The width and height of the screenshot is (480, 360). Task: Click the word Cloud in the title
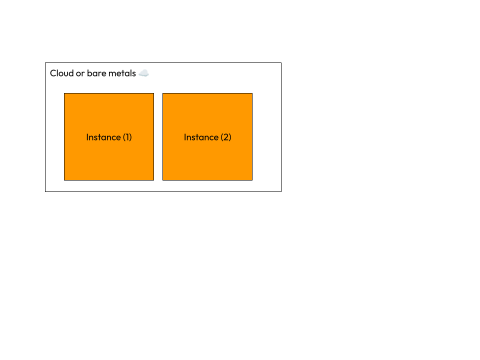pos(61,73)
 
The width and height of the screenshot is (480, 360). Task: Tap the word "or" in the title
pos(80,73)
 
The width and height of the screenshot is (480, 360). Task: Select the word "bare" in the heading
pos(96,73)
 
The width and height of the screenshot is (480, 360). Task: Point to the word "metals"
pos(122,73)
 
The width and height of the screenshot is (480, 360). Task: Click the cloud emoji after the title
pos(144,73)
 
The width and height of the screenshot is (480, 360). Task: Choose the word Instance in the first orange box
pos(103,137)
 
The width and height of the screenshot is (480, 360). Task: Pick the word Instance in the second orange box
pos(201,137)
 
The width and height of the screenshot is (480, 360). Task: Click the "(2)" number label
pos(226,137)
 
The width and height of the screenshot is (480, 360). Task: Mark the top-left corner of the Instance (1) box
pos(64,93)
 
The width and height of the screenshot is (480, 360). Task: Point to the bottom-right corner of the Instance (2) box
pos(252,180)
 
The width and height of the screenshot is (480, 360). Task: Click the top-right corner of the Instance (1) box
pos(153,93)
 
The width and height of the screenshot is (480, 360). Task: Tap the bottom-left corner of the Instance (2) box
pos(163,180)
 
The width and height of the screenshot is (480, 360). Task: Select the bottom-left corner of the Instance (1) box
pos(64,180)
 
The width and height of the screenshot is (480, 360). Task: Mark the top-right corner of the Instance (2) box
pos(252,93)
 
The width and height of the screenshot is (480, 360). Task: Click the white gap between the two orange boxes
pos(158,136)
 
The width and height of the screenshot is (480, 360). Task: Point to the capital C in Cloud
pos(53,73)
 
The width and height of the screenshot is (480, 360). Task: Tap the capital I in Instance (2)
pos(185,137)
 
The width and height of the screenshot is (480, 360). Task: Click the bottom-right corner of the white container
pos(280,191)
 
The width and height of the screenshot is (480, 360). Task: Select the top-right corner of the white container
pos(280,63)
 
